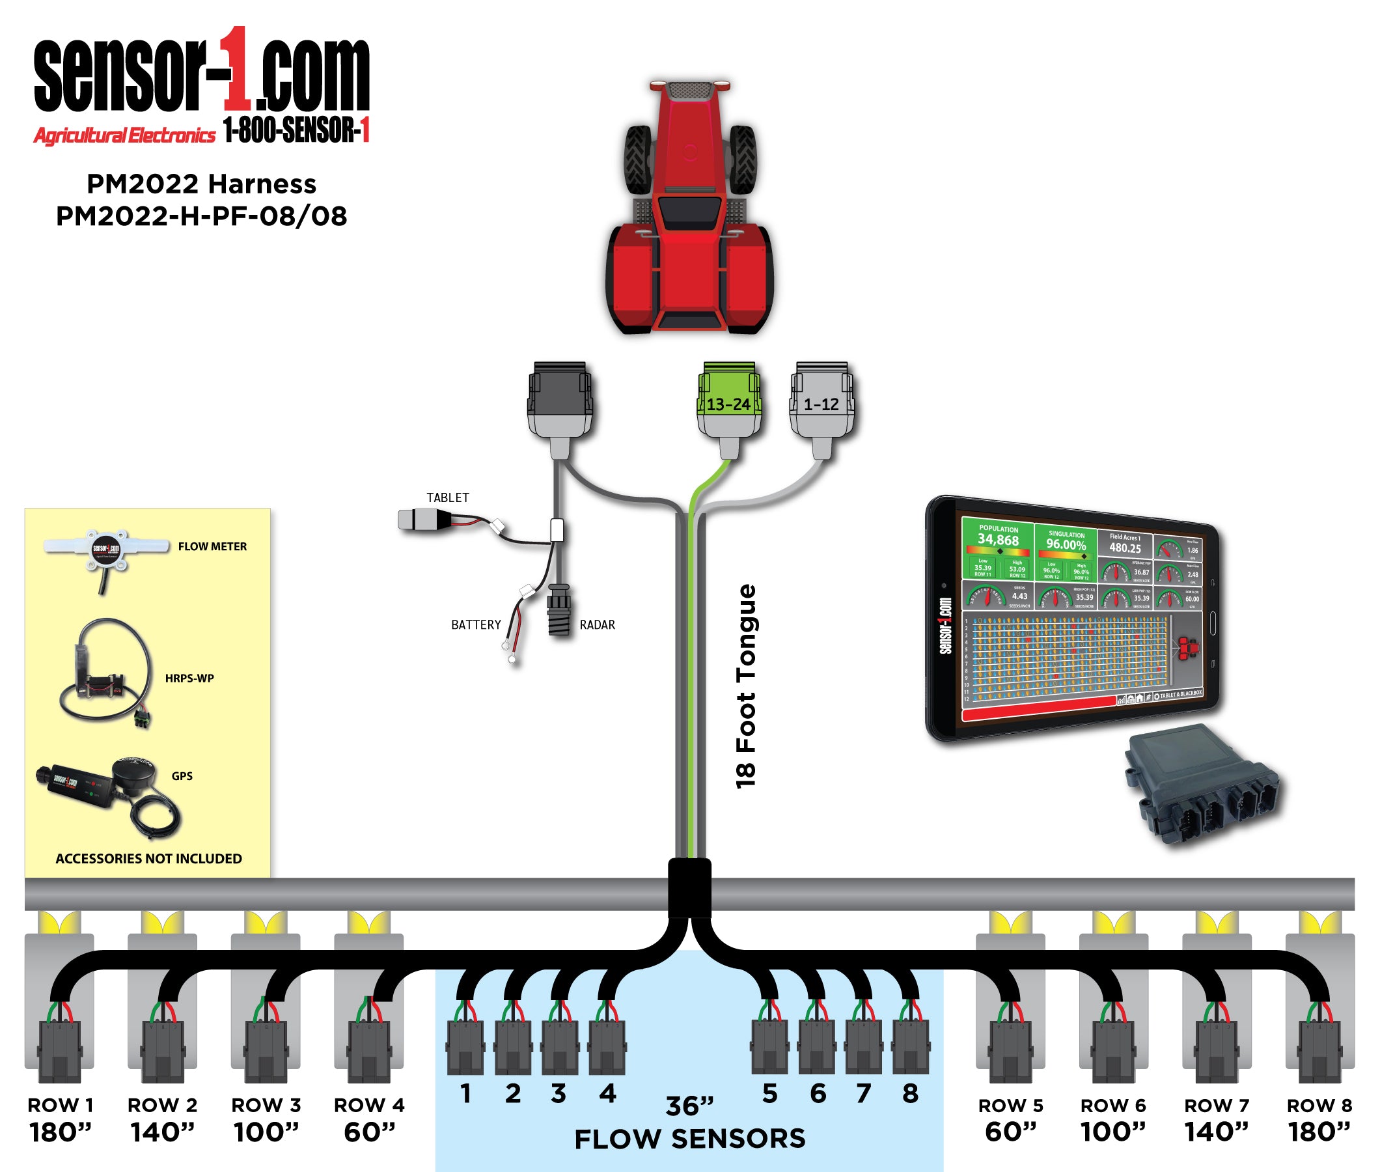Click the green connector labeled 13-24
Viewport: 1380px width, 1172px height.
[x=728, y=402]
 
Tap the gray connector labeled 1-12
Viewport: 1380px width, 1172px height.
[x=821, y=402]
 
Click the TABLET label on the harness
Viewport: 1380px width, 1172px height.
[x=448, y=497]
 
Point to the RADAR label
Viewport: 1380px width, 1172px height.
[x=597, y=624]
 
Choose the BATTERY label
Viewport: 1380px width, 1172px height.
[x=475, y=624]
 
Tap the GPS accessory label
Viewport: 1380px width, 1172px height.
[x=182, y=776]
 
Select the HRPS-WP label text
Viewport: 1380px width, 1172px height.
[x=189, y=678]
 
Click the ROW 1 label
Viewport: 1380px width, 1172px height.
[x=61, y=1106]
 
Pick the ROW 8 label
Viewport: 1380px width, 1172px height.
[x=1319, y=1106]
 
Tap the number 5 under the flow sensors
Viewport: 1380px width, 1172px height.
[x=769, y=1094]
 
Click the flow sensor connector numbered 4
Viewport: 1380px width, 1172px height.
[x=607, y=1047]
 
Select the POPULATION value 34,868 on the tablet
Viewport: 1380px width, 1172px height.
[x=997, y=540]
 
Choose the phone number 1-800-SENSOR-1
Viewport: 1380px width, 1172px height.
[x=296, y=130]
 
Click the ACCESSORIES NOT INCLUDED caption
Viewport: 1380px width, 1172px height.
[x=149, y=858]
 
